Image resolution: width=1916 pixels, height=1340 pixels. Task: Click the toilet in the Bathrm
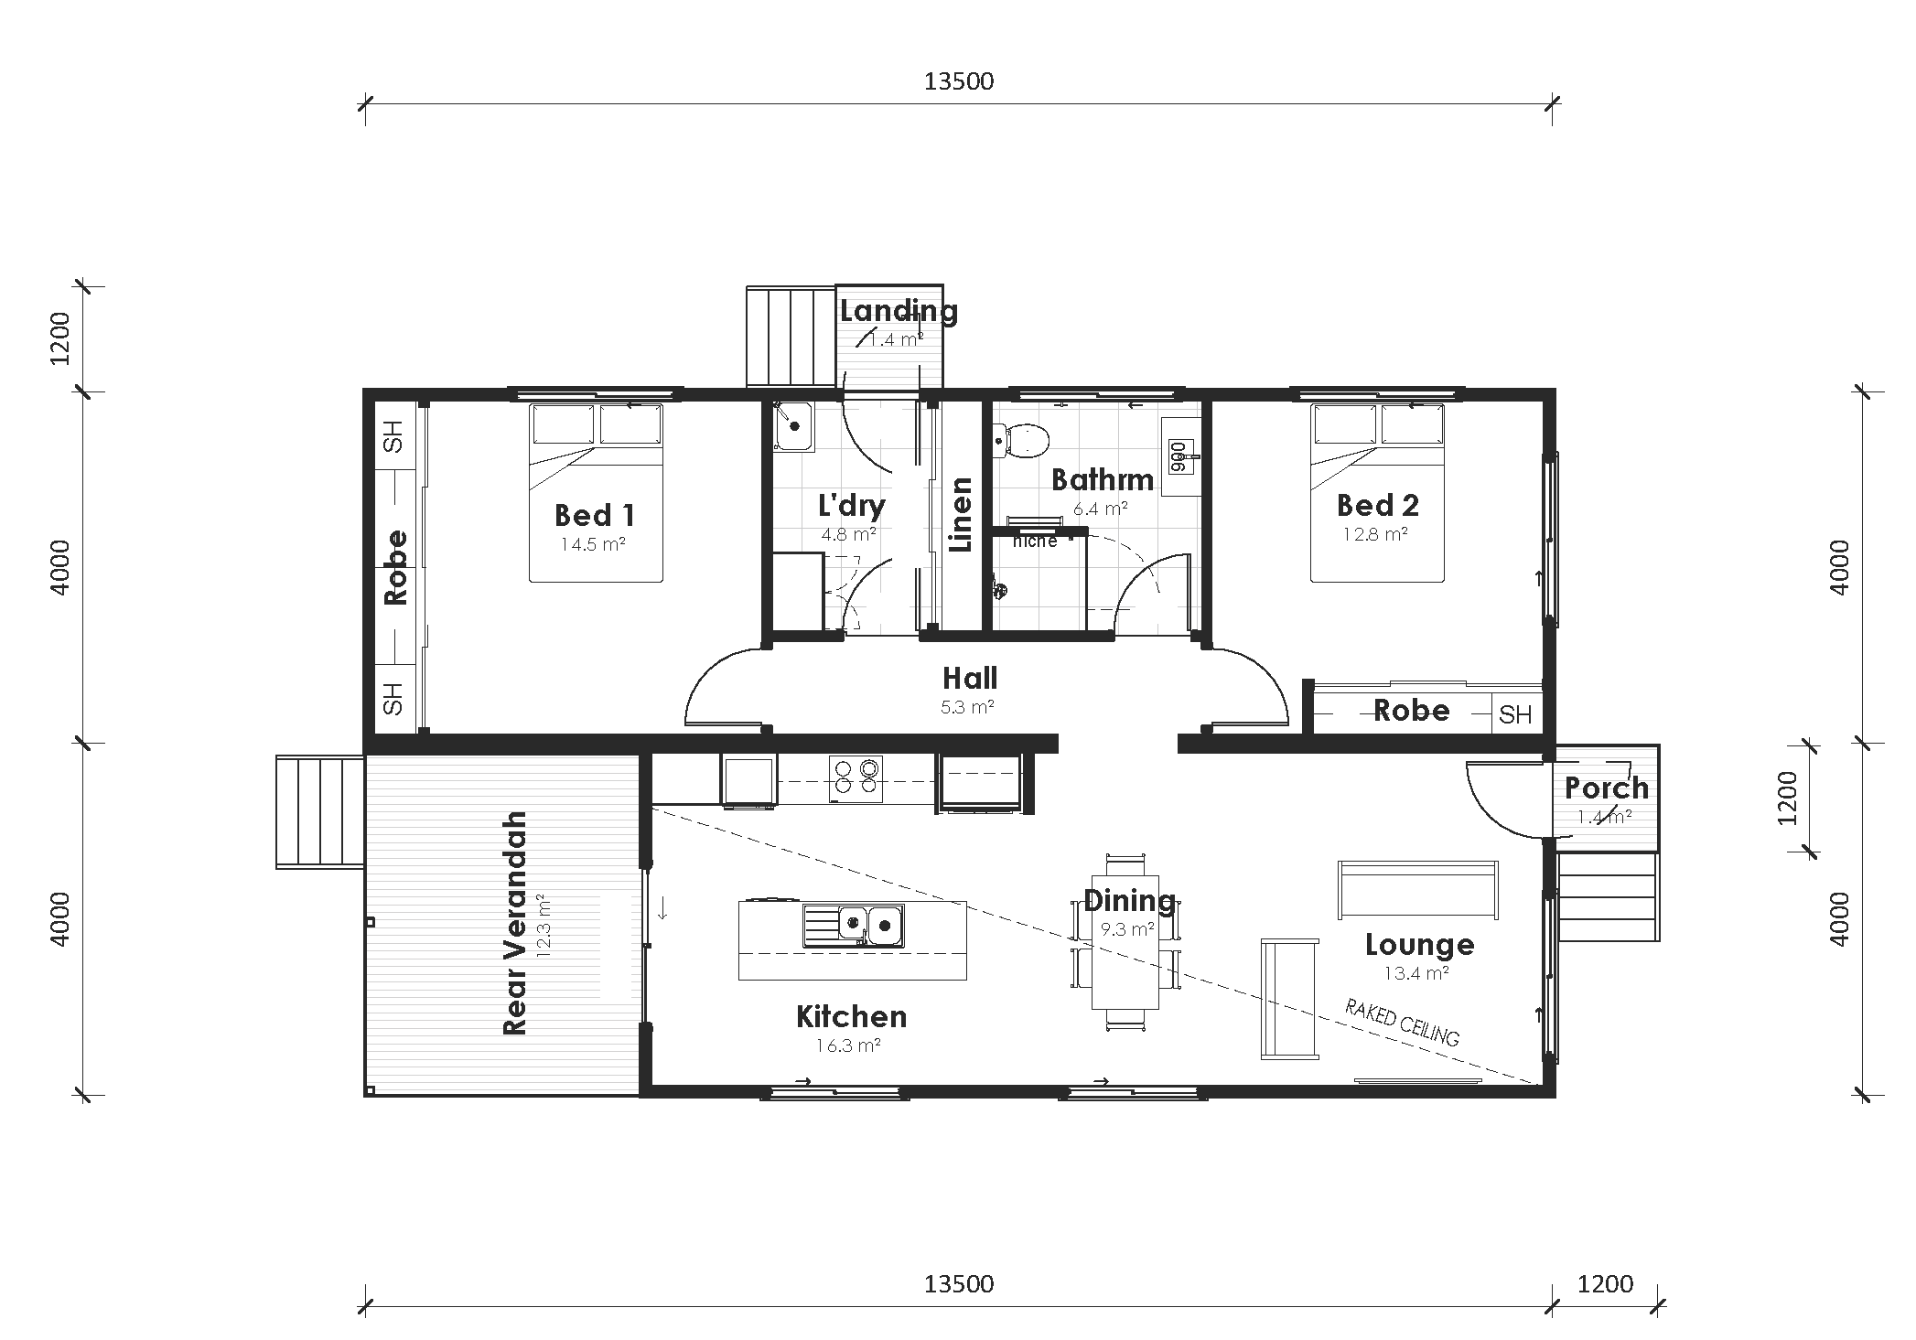point(1023,441)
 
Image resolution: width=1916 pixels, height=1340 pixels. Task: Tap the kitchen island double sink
point(854,924)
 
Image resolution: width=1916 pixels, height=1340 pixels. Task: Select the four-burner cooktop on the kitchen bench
point(856,777)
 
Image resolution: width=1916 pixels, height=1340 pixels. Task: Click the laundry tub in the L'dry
point(792,426)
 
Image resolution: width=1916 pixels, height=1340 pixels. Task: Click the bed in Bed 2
point(1377,494)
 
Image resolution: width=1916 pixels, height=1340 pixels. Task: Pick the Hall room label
point(969,679)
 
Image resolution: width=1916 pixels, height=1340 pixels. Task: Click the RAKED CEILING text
point(1402,1023)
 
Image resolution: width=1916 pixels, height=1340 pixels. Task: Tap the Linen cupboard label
point(960,515)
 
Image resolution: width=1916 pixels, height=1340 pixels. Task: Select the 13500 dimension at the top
point(958,81)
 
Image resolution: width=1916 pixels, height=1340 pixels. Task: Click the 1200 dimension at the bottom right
point(1605,1284)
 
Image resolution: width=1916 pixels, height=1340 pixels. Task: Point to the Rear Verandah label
point(516,924)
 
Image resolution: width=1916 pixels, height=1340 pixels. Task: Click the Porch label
point(1606,788)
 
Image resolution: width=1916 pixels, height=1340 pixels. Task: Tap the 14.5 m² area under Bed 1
point(593,545)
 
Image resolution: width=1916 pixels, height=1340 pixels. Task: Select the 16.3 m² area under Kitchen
point(850,1045)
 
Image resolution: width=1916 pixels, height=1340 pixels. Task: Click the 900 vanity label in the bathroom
point(1179,456)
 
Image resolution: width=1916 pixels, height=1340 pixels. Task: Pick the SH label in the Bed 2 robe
point(1515,714)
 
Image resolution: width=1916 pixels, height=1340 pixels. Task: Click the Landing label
point(899,311)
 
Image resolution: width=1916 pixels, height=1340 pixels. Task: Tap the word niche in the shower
point(1035,541)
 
